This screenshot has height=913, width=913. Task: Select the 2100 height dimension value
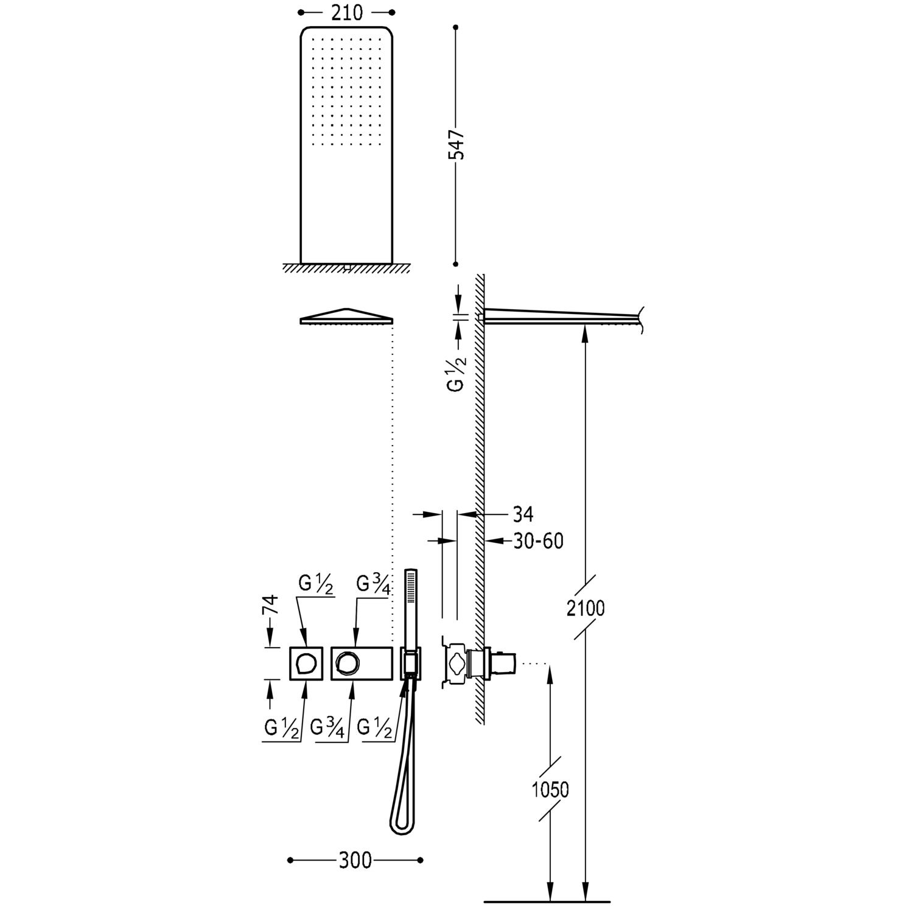click(x=586, y=607)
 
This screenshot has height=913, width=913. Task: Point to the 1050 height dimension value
click(x=550, y=789)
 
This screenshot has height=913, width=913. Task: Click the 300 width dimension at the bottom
click(x=355, y=860)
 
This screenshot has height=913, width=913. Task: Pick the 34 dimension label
click(x=523, y=514)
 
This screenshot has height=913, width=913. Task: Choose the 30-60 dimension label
click(x=538, y=540)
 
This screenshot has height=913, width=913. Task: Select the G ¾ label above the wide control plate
click(x=373, y=584)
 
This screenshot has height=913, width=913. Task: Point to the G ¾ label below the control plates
click(x=327, y=728)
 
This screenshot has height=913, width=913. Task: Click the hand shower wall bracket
click(x=410, y=663)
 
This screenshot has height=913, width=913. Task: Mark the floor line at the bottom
click(x=546, y=901)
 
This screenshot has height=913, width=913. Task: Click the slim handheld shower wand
click(x=411, y=609)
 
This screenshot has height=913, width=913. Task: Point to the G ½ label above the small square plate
click(x=316, y=584)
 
